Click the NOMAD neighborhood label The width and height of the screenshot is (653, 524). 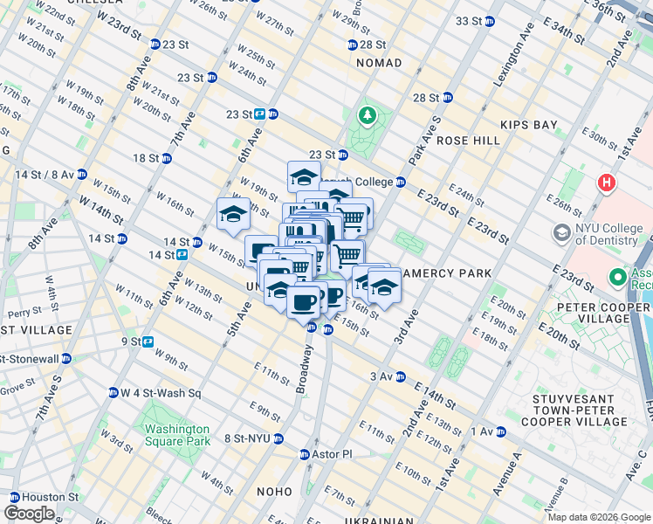(x=379, y=63)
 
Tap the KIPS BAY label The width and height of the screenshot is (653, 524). (x=529, y=125)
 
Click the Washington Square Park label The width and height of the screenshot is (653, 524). (x=177, y=435)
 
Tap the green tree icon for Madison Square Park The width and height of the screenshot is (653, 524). (x=368, y=115)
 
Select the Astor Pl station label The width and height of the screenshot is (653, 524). (x=332, y=454)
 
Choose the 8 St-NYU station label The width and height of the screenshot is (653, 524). (x=248, y=438)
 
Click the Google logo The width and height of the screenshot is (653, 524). (x=29, y=514)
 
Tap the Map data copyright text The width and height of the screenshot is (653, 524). (x=599, y=517)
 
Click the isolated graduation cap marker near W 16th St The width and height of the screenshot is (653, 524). (x=233, y=214)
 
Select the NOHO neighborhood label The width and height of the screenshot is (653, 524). (x=275, y=492)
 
